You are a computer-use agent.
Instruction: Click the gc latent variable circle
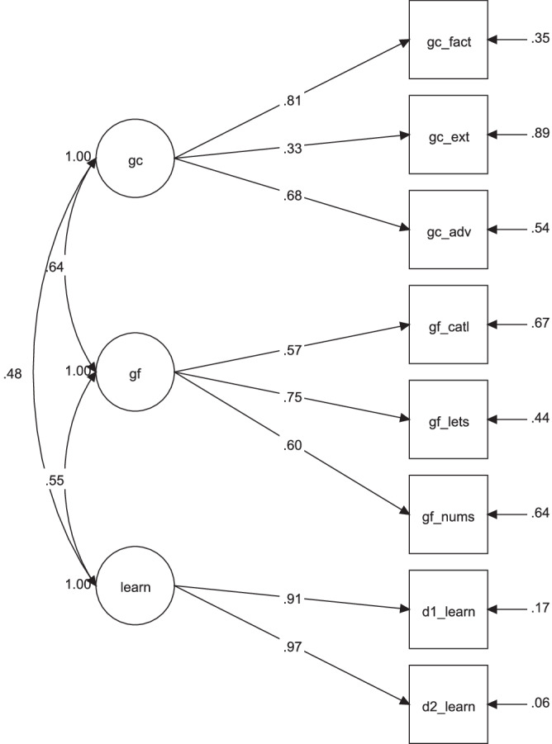point(136,159)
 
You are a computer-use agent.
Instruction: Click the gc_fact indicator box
point(450,40)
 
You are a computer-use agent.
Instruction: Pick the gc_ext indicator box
point(450,135)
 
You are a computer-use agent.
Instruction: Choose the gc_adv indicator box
point(450,229)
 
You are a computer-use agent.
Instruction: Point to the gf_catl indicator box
point(450,325)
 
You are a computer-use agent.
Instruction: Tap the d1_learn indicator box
point(450,610)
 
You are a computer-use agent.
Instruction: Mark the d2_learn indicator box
point(450,704)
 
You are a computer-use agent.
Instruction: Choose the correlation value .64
point(52,267)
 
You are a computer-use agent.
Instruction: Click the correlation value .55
point(52,479)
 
